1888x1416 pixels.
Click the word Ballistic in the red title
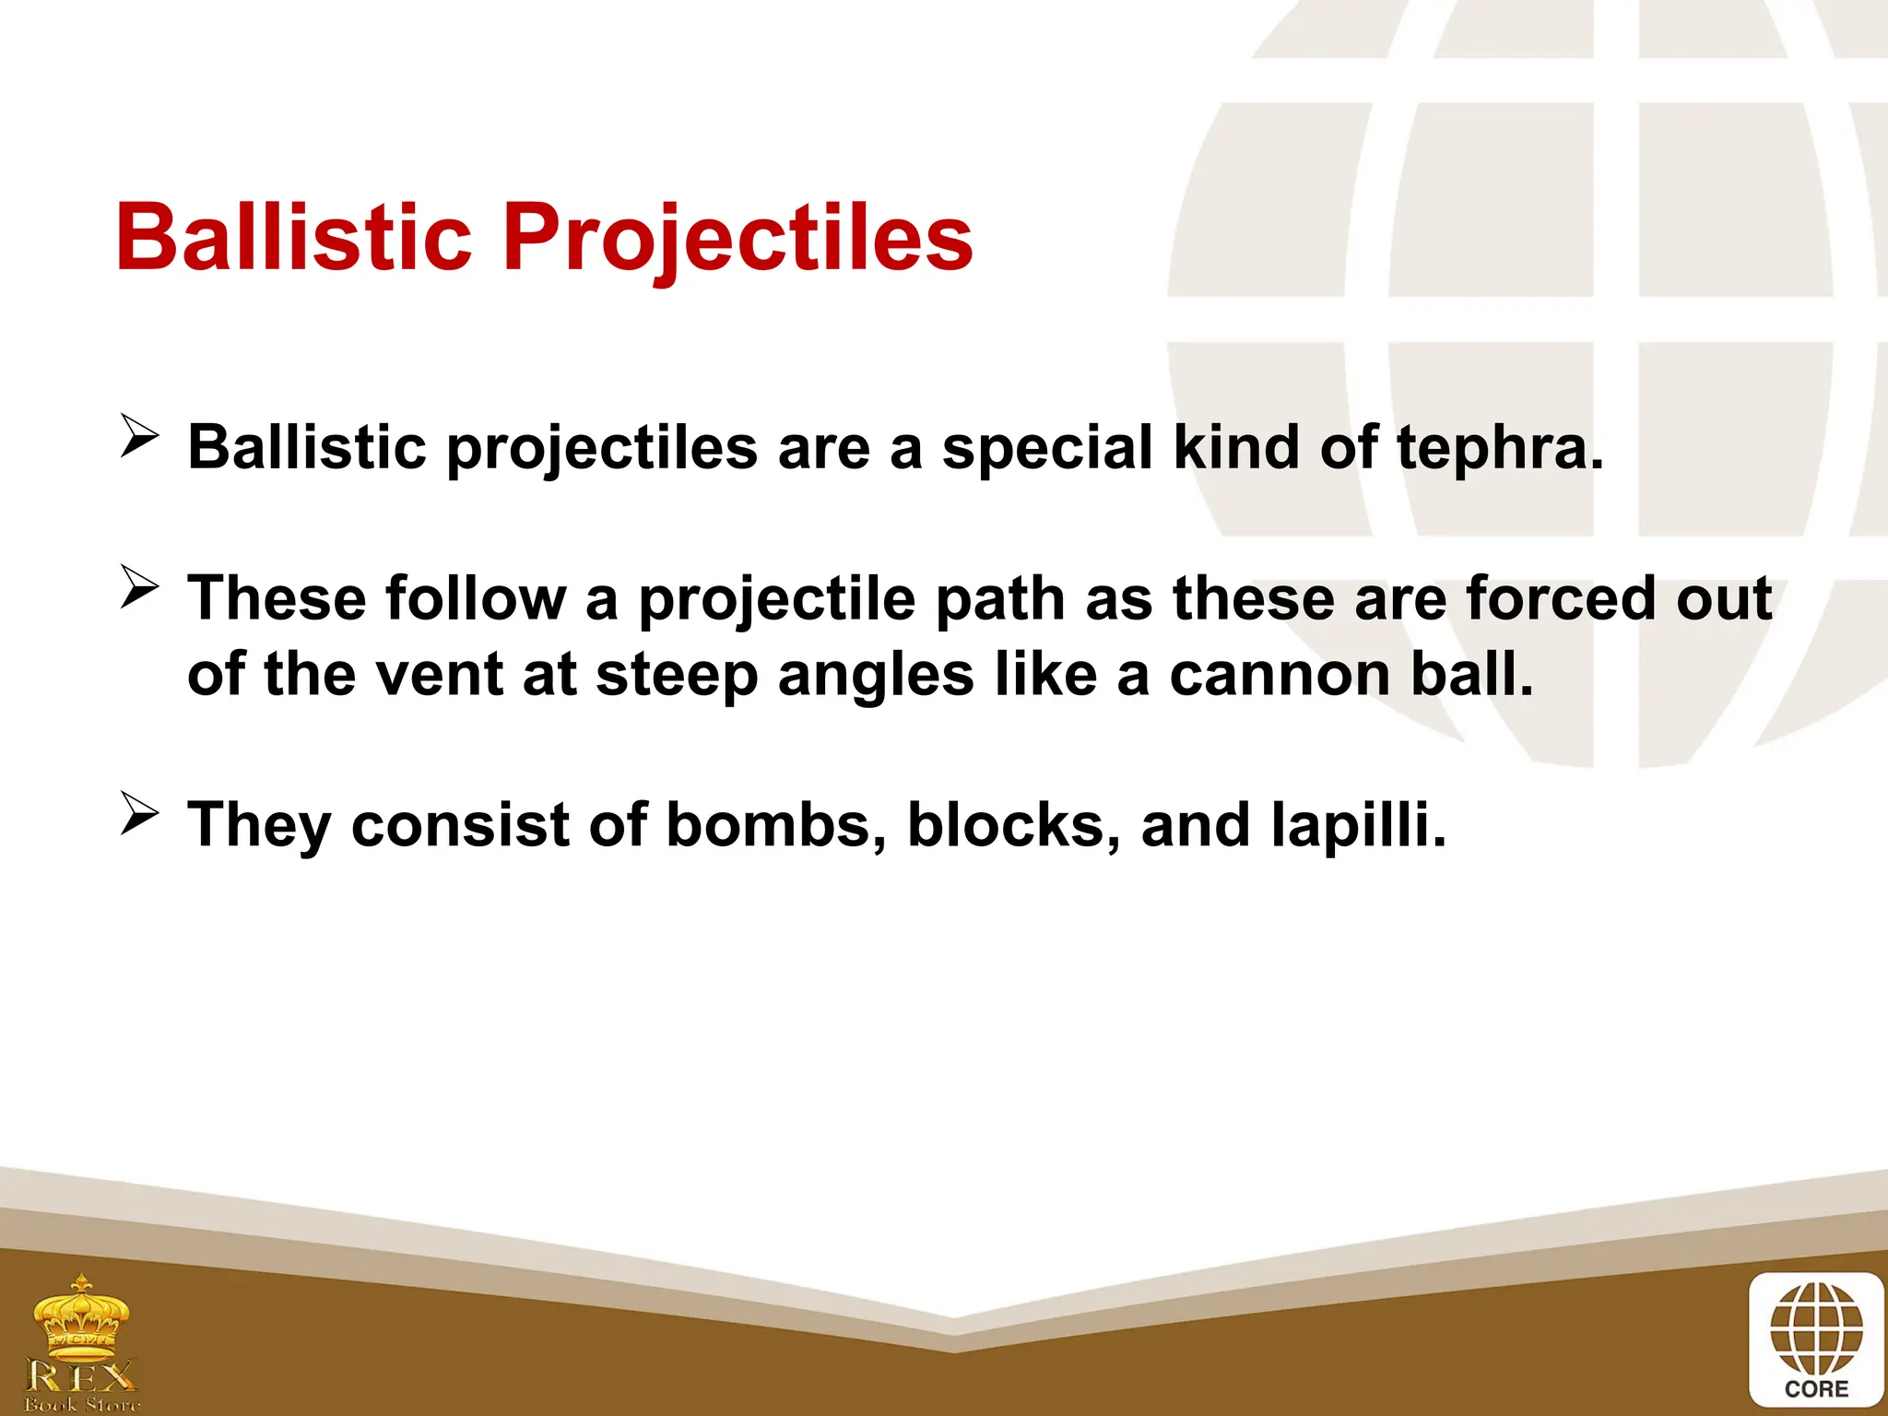coord(293,238)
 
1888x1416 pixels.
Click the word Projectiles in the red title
coord(737,240)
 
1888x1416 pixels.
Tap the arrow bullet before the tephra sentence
coord(140,436)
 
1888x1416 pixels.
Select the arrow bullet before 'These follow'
coord(140,587)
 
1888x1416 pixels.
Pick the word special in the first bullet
coord(1046,449)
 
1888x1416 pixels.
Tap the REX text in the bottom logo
coord(81,1377)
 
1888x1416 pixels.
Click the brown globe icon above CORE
coord(1816,1327)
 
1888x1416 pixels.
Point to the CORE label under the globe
coord(1816,1389)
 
